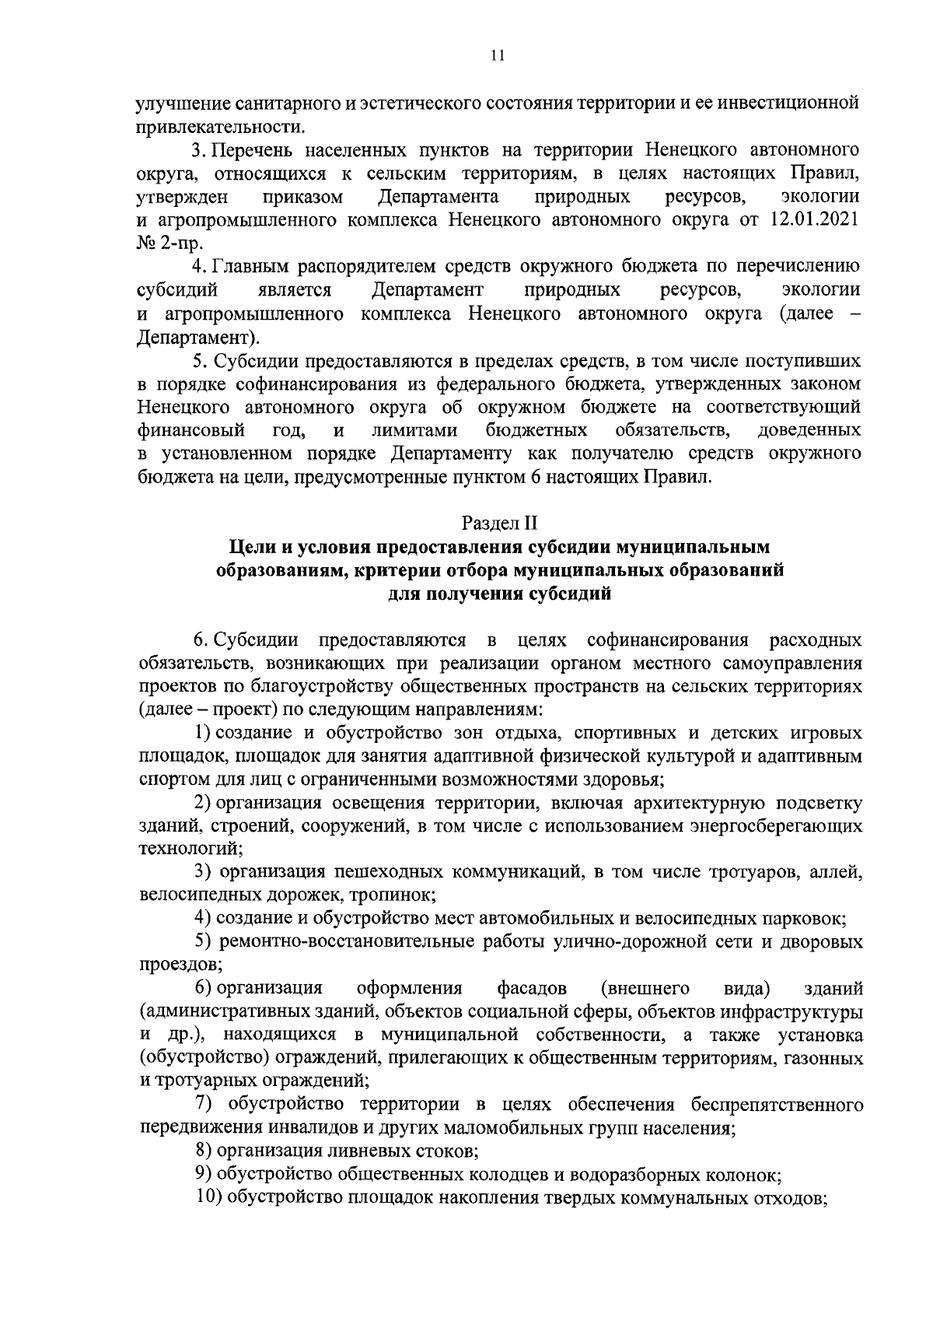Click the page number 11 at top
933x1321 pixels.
[x=498, y=55]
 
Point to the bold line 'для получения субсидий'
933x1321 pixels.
[x=499, y=594]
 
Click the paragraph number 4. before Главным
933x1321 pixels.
[x=199, y=267]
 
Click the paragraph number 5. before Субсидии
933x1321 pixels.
[x=199, y=361]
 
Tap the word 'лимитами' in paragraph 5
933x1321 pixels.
[x=414, y=430]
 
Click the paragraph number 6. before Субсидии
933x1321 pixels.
[x=201, y=640]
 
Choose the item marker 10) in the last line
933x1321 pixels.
[x=209, y=1197]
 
